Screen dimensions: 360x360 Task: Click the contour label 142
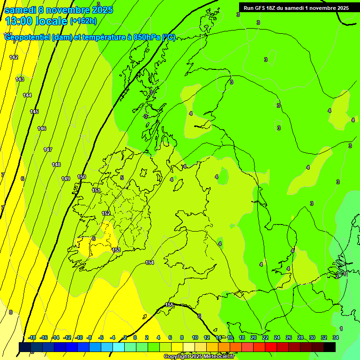click(14, 57)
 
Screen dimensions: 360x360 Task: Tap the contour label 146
click(42, 128)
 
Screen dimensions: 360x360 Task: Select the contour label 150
click(82, 177)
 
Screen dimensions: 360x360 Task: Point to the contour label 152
click(106, 213)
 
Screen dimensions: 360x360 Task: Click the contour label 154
click(150, 262)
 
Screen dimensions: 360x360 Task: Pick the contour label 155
click(170, 305)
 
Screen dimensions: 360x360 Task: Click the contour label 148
click(56, 165)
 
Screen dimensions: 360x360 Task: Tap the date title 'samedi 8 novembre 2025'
click(59, 10)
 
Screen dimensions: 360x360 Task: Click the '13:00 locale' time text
click(36, 21)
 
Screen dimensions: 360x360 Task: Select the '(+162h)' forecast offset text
click(83, 21)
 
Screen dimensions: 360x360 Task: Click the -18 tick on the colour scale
click(32, 337)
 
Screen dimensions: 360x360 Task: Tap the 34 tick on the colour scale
click(336, 337)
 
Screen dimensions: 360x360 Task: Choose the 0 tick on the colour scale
click(135, 337)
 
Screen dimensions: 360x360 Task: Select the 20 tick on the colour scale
click(254, 337)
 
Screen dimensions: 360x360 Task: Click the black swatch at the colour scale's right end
click(330, 347)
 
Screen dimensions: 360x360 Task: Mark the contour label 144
click(27, 95)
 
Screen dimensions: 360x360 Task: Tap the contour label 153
click(116, 250)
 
